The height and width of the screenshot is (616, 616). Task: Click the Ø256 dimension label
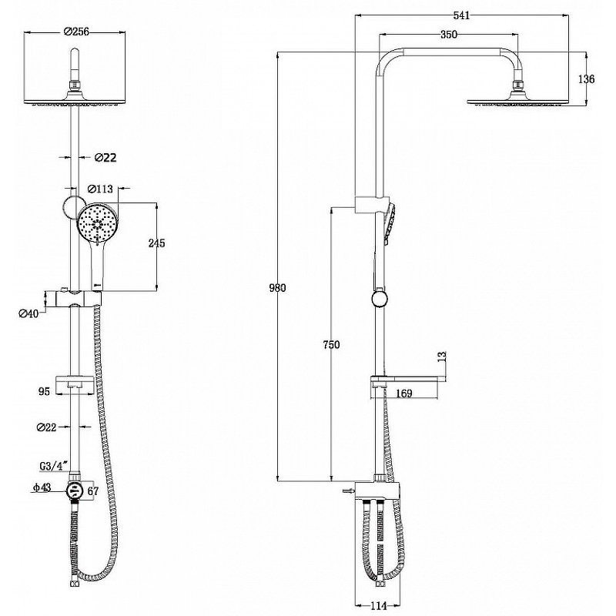tap(76, 32)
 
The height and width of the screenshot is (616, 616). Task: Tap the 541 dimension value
tap(461, 15)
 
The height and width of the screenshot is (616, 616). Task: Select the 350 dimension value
tap(449, 35)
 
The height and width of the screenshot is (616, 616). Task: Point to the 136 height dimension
tap(586, 79)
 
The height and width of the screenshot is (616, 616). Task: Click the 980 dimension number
tap(277, 288)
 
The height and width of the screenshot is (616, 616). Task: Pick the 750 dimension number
tap(331, 344)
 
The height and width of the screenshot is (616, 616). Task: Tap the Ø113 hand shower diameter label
tap(100, 189)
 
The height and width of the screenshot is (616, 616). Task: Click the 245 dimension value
tap(157, 243)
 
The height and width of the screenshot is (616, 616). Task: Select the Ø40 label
tap(29, 313)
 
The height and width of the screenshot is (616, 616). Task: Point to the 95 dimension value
tap(45, 391)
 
